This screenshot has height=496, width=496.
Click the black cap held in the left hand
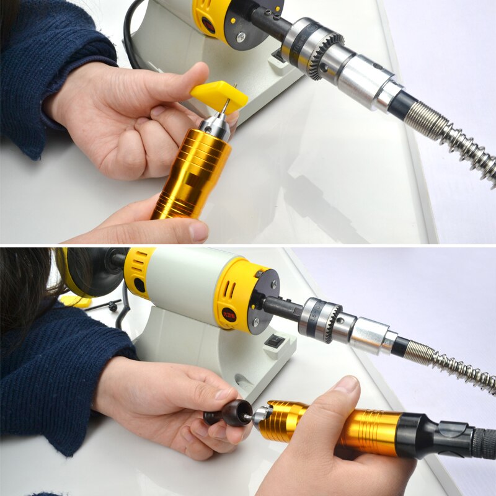pos(231,412)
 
